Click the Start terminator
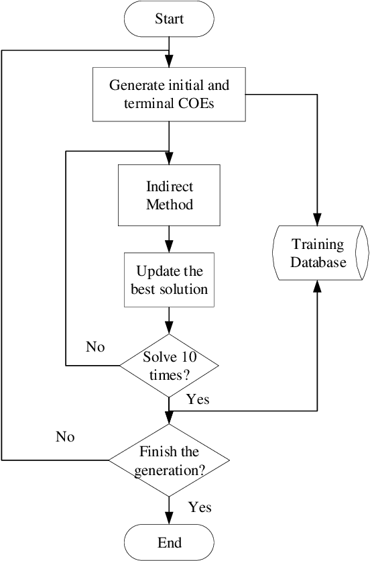tap(169, 19)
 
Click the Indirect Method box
tap(169, 195)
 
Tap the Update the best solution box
tap(169, 280)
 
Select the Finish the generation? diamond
tap(169, 460)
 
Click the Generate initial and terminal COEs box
tap(169, 94)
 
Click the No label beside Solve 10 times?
tap(95, 347)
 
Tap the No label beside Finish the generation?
tap(65, 437)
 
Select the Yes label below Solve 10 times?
tap(198, 399)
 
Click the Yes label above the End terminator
tap(200, 507)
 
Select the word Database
tap(318, 262)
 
